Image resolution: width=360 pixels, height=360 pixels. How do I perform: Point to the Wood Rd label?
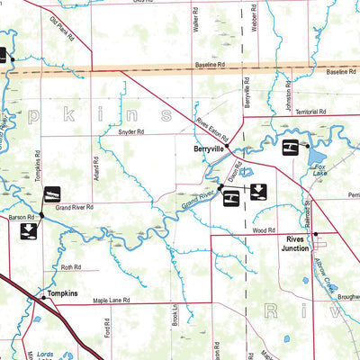click(264, 230)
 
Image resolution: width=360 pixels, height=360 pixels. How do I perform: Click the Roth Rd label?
click(71, 267)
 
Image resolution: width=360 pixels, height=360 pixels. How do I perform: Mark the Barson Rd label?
click(22, 217)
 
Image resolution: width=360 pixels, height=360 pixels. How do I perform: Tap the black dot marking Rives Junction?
click(315, 234)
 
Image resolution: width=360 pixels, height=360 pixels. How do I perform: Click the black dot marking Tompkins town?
click(41, 294)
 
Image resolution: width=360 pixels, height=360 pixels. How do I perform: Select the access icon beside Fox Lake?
click(290, 148)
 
